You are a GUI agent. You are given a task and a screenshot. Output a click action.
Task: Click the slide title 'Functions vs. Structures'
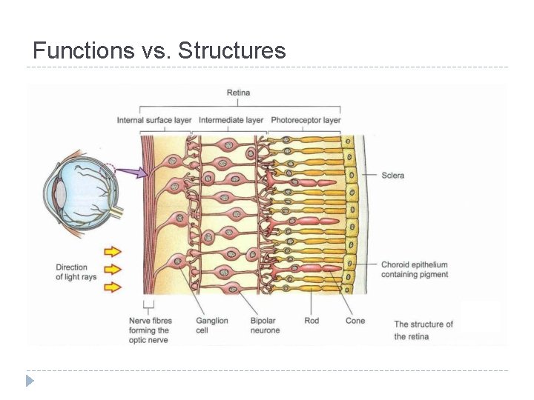(159, 50)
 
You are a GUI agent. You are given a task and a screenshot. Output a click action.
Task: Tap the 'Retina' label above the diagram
(238, 93)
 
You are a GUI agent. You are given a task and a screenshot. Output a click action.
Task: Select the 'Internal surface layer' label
(154, 120)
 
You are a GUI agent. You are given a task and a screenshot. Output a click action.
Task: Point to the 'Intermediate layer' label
(231, 120)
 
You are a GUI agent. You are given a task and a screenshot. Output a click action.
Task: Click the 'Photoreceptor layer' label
(306, 120)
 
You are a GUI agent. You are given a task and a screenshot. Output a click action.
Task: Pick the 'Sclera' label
(392, 176)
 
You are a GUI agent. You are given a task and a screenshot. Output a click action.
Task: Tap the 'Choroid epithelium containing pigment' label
(415, 270)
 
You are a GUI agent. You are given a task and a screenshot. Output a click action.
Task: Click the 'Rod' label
(311, 321)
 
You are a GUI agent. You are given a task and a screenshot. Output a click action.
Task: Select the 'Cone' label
(355, 321)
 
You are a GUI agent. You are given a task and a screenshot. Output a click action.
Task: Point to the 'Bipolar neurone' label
(265, 325)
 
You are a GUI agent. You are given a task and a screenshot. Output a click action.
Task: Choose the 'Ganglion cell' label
(212, 325)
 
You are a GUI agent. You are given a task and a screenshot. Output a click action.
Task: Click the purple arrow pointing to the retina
(133, 173)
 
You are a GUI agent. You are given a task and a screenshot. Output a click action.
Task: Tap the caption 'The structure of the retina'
(423, 330)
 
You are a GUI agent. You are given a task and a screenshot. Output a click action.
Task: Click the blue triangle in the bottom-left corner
(30, 381)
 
